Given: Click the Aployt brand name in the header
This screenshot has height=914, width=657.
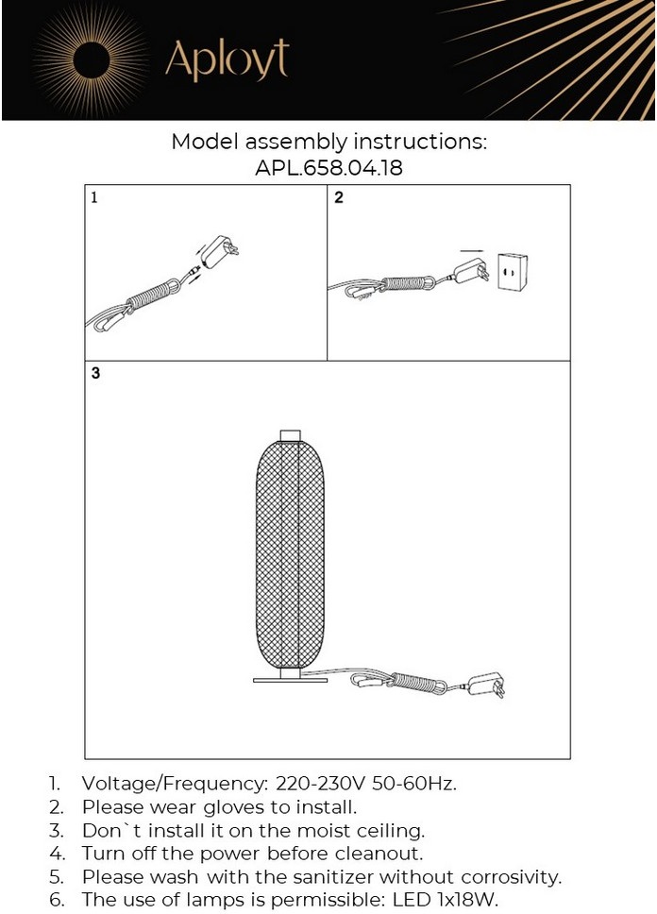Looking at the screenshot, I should coord(226,59).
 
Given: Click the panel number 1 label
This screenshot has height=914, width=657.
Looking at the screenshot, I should coord(94,198).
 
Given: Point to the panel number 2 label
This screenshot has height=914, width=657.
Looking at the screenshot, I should coord(339,198).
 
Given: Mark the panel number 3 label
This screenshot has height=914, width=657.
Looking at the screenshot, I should coord(95,373).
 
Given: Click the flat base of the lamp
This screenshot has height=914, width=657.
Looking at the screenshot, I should coord(289,679).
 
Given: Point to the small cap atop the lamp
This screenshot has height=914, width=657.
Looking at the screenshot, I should coord(291,435).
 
